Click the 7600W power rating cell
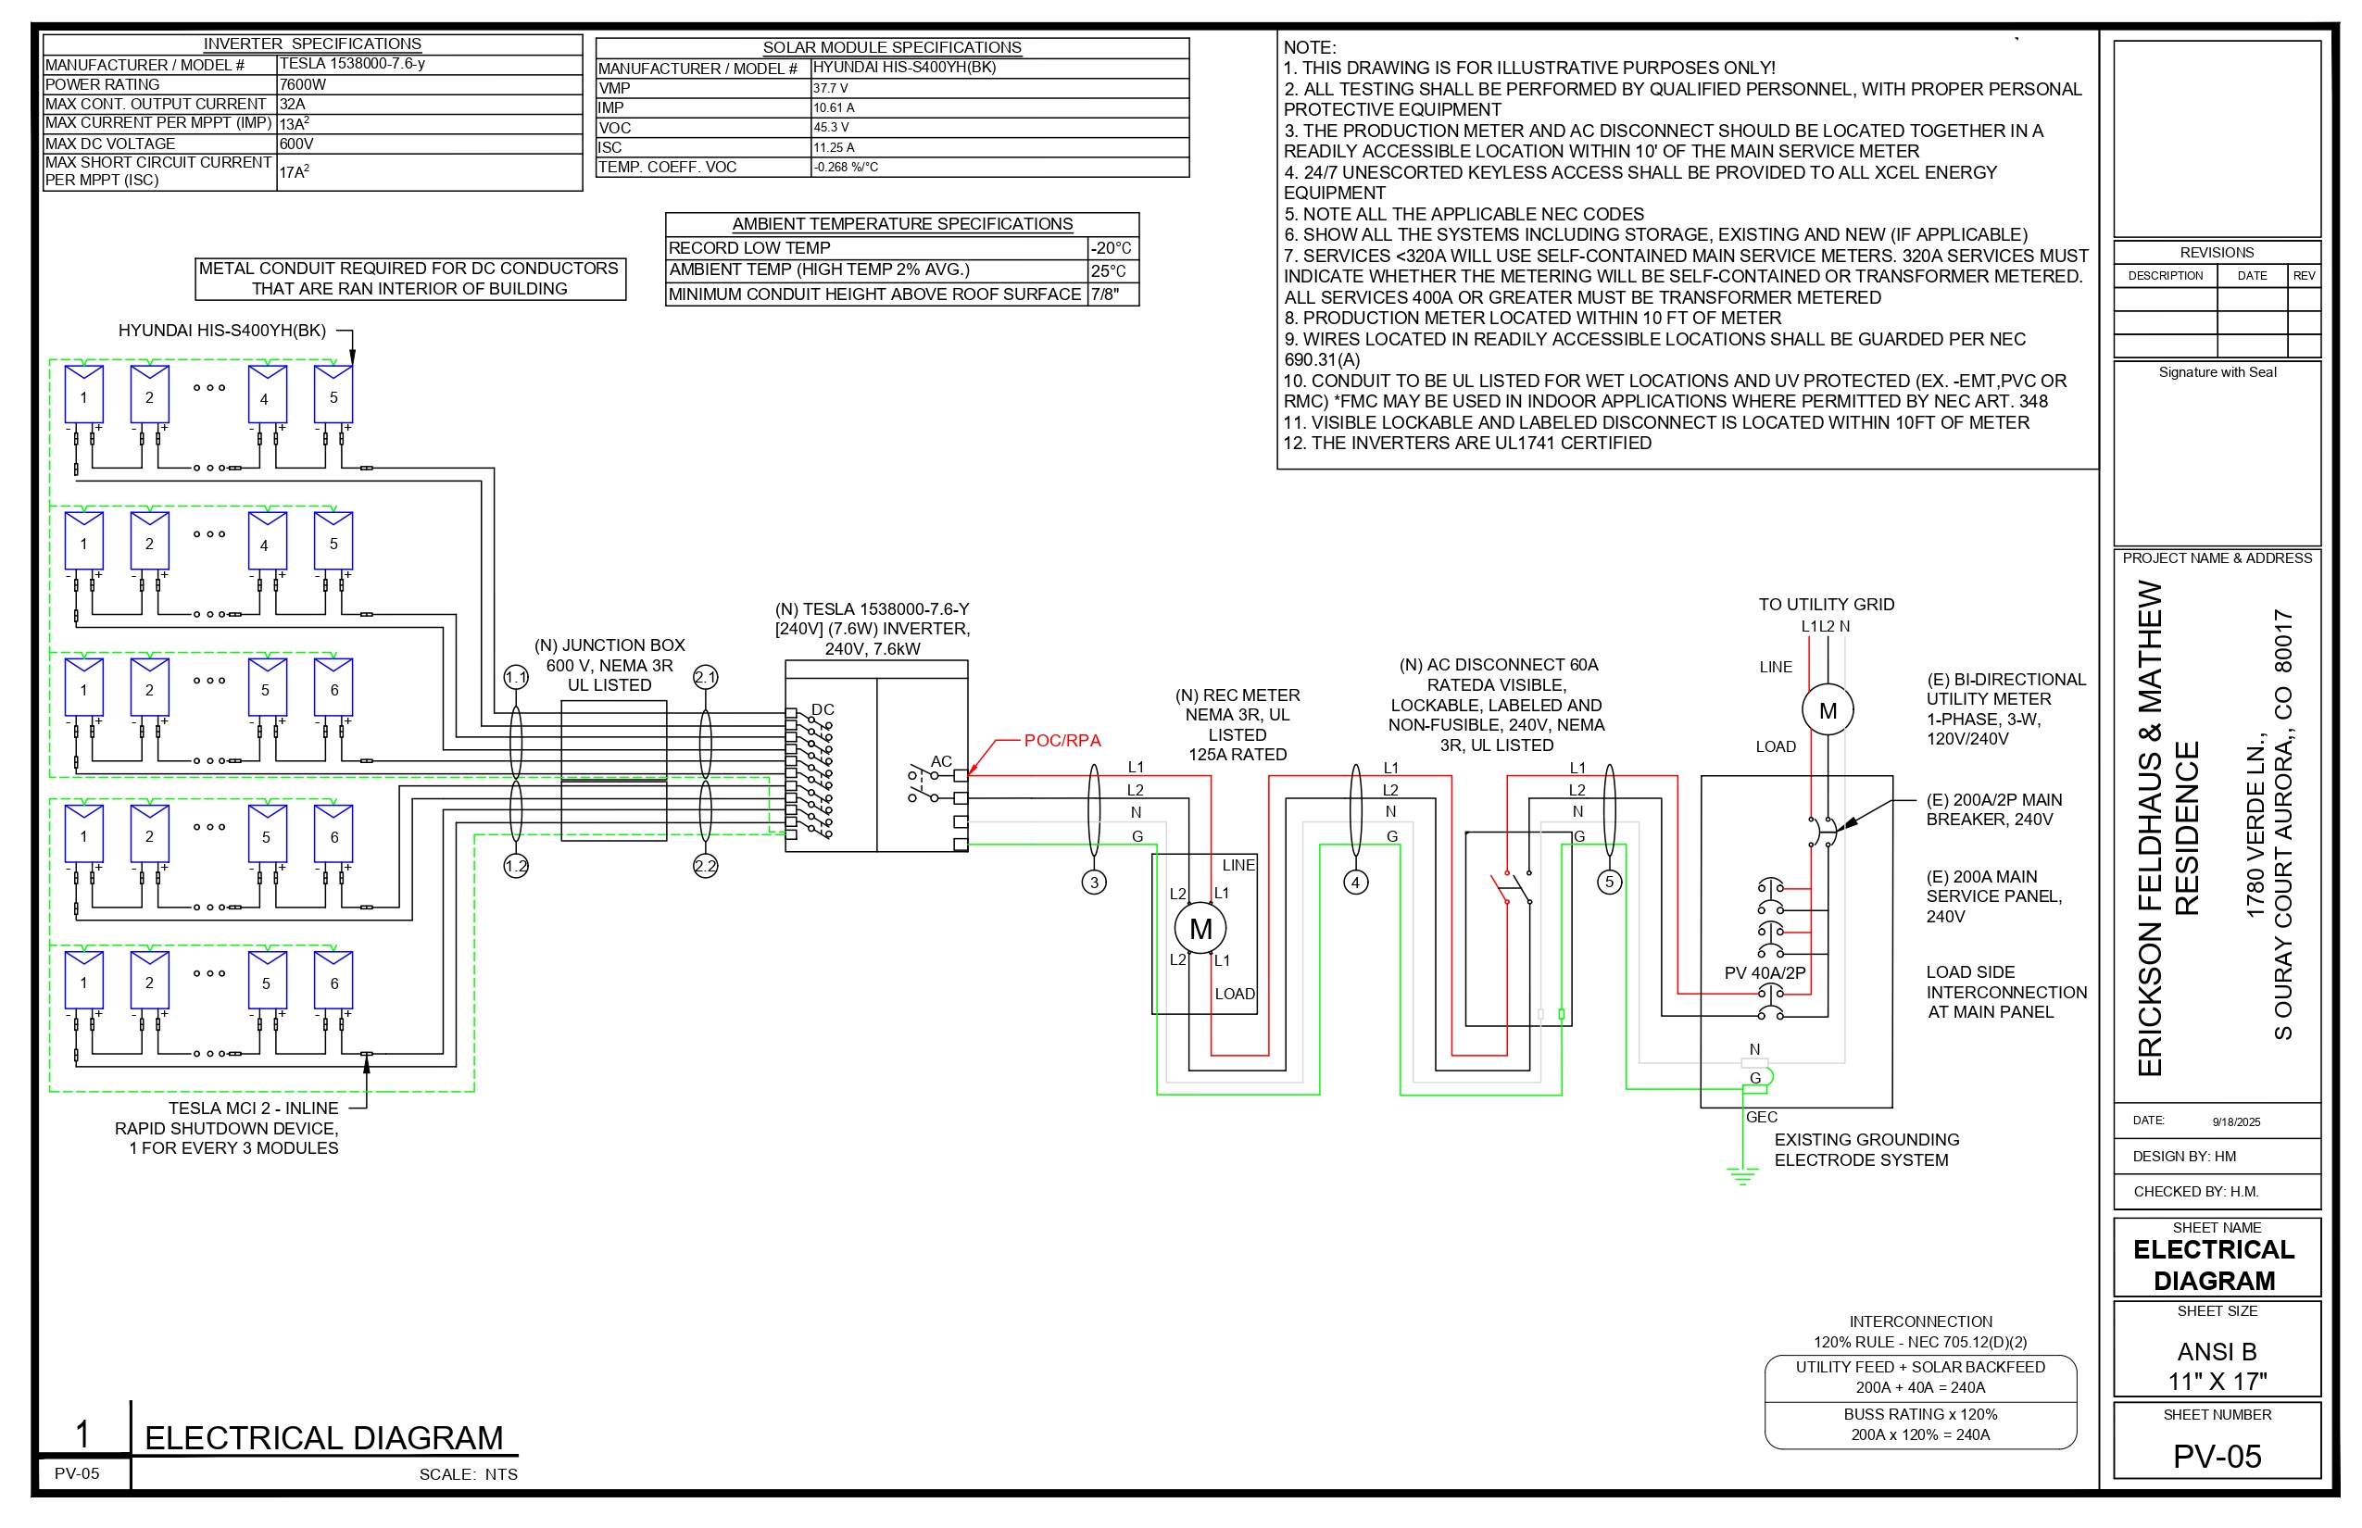coord(303,84)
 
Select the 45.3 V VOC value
coord(832,127)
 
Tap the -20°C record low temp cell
coord(1112,248)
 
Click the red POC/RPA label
coord(1062,740)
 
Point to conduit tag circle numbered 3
coord(1094,882)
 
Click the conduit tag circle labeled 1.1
coord(516,678)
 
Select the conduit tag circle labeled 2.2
coord(705,866)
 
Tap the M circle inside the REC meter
coord(1200,929)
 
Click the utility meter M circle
coord(1827,710)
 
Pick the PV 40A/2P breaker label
coord(1765,972)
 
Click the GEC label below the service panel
coord(1762,1117)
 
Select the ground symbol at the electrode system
coord(1742,1177)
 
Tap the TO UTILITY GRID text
coord(1826,604)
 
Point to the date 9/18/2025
coord(2236,1122)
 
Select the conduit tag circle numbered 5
coord(1610,882)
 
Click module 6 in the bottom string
coord(333,983)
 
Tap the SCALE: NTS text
coord(468,1474)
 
